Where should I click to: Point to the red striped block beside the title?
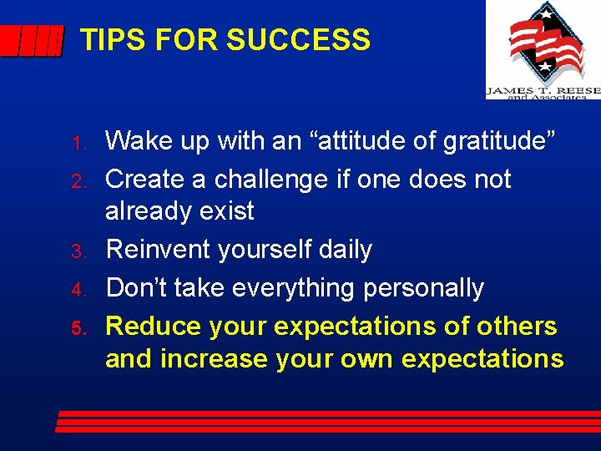point(31,40)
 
